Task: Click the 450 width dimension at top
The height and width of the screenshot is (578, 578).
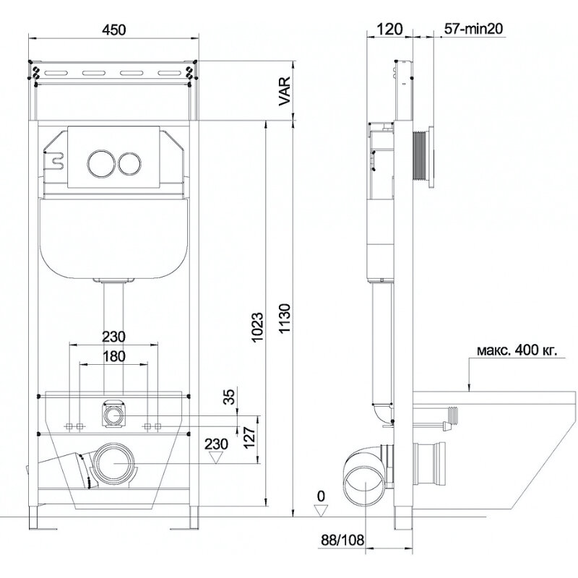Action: [114, 30]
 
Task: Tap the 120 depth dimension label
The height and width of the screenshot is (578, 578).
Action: [390, 29]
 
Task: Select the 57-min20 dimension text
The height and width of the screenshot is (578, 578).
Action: [473, 29]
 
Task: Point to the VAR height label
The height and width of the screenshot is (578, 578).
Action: [285, 92]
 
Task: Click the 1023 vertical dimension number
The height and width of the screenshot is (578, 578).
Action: [258, 327]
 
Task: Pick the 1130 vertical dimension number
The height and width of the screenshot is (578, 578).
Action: [285, 319]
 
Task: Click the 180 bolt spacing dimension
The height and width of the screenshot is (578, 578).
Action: [113, 356]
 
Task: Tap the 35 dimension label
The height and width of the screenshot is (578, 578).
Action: [229, 397]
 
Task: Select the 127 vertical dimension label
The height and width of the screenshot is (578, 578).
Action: [249, 437]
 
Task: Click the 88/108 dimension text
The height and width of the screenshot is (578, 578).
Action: [342, 540]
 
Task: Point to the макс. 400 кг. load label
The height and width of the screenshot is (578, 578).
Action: [517, 350]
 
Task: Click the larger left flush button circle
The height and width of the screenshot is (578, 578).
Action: [100, 163]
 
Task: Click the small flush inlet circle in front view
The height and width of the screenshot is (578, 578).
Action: [114, 415]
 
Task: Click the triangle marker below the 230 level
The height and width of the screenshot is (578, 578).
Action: [216, 457]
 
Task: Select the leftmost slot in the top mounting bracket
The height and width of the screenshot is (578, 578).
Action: [56, 73]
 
